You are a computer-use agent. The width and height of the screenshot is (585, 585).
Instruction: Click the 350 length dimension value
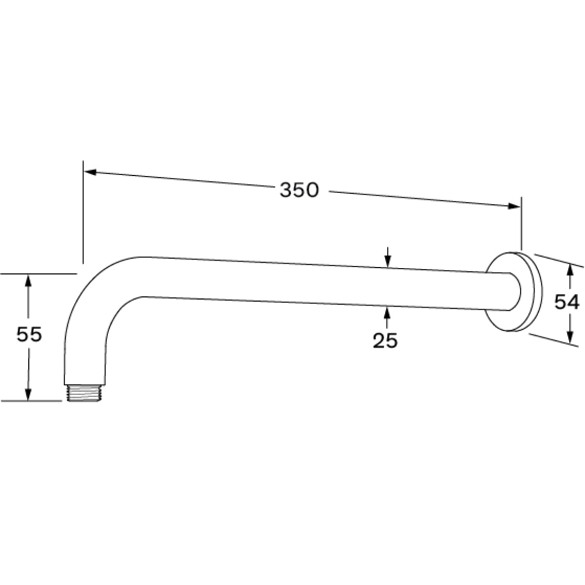tap(299, 190)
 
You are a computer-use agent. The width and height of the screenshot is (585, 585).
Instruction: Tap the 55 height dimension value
tap(29, 335)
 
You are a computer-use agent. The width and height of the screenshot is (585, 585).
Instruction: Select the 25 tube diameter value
tap(385, 340)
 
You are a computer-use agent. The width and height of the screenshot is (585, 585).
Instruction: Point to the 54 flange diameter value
tap(567, 302)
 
